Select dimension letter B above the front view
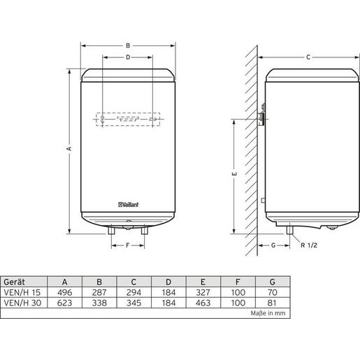point(128,46)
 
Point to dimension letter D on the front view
point(128,57)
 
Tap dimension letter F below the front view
point(127,245)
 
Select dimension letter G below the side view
point(271,245)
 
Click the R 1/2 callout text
point(309,245)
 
